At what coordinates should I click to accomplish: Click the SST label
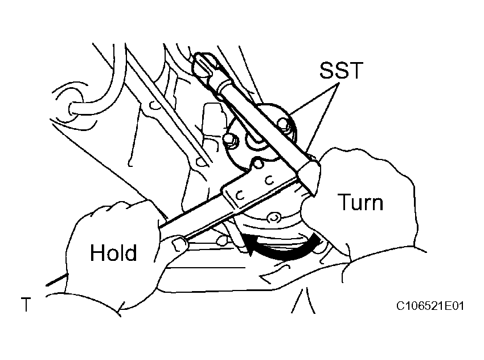tap(341, 70)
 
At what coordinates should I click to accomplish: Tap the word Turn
tap(360, 202)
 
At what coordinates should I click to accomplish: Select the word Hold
tap(113, 252)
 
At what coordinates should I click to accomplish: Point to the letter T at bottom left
tap(26, 304)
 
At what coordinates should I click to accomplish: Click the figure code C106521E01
tap(430, 306)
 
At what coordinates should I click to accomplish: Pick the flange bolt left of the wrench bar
tap(230, 140)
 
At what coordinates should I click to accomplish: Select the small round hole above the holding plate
tap(258, 162)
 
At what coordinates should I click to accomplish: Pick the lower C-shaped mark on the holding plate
tap(240, 195)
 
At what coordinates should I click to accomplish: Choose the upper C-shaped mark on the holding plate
tap(270, 179)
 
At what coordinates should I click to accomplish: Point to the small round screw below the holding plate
tap(273, 218)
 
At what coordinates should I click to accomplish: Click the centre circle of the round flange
tap(255, 141)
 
